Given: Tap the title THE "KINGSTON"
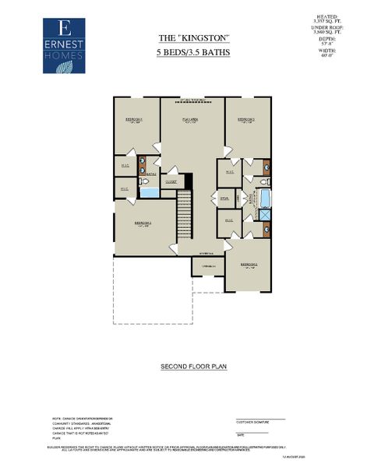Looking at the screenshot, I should coord(187,37).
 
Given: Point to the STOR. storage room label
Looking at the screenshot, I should coord(224,198).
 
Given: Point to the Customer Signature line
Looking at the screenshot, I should coord(260,420).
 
